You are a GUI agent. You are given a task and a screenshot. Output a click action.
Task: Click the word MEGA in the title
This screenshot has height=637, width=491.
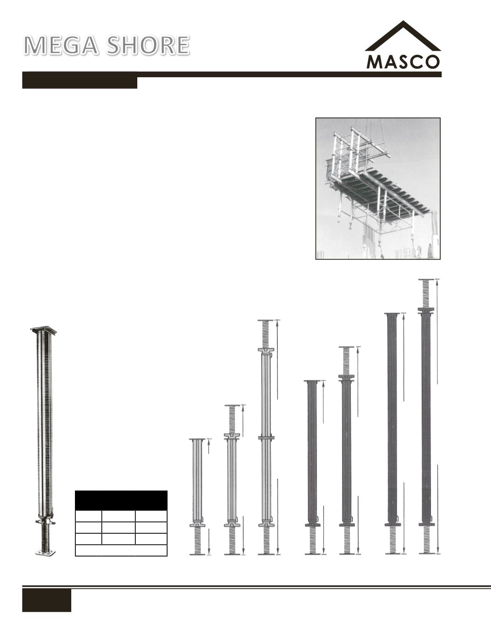coord(61,46)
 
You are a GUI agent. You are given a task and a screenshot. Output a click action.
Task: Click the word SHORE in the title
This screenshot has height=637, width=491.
coord(148,46)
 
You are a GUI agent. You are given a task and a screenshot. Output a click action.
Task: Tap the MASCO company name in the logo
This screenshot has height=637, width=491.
coord(403,62)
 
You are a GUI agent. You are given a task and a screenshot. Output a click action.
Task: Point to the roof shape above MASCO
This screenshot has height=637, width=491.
coord(403,36)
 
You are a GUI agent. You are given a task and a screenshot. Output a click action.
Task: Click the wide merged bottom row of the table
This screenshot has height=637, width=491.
coord(121,550)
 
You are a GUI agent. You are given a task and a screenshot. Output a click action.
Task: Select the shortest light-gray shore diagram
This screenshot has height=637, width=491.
coord(197,497)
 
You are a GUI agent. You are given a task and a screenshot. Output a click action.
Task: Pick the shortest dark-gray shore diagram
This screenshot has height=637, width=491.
coord(312,468)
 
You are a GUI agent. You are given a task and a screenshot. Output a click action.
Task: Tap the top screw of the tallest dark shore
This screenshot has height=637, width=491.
coord(426,294)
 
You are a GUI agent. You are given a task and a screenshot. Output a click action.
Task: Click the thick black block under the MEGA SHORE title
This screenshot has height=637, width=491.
coord(80,82)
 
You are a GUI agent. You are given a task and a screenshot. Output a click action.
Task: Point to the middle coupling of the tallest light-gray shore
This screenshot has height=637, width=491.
coord(266,438)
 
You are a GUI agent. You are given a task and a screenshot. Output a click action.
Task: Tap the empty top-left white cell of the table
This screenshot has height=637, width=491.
coord(88,516)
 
